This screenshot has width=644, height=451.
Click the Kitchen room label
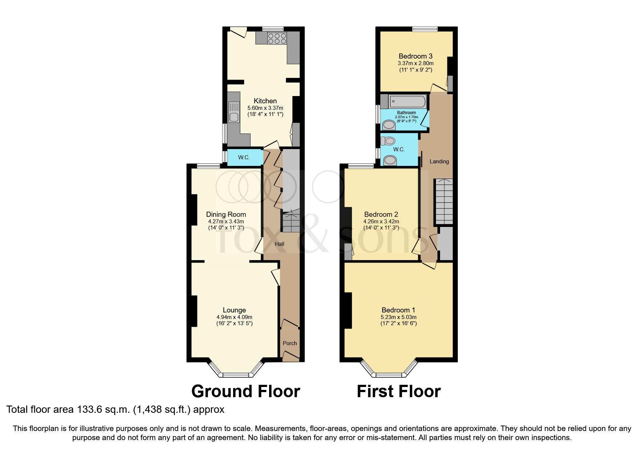click(x=265, y=101)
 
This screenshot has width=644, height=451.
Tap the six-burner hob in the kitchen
click(x=277, y=39)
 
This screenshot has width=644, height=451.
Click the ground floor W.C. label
click(x=244, y=157)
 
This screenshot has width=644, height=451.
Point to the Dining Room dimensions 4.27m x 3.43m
click(x=226, y=221)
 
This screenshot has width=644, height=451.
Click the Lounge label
click(x=234, y=310)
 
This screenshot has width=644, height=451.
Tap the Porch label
click(x=290, y=343)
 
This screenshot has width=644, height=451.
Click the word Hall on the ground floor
click(x=279, y=244)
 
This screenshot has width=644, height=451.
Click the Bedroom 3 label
click(x=415, y=56)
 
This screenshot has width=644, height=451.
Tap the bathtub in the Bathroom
click(x=407, y=101)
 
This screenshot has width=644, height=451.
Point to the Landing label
click(x=439, y=161)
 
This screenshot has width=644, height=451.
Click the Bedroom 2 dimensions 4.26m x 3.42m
click(x=381, y=221)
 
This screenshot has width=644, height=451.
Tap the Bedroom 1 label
click(x=398, y=310)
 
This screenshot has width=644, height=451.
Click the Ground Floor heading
click(x=245, y=391)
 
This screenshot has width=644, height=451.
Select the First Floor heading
click(x=399, y=391)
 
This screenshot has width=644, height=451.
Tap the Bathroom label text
click(x=406, y=113)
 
